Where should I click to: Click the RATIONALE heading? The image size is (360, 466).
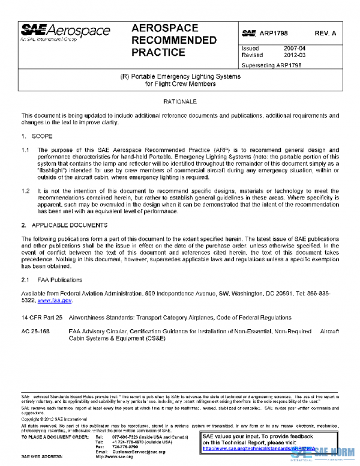point(180,102)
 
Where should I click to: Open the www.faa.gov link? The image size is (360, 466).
point(55,300)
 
